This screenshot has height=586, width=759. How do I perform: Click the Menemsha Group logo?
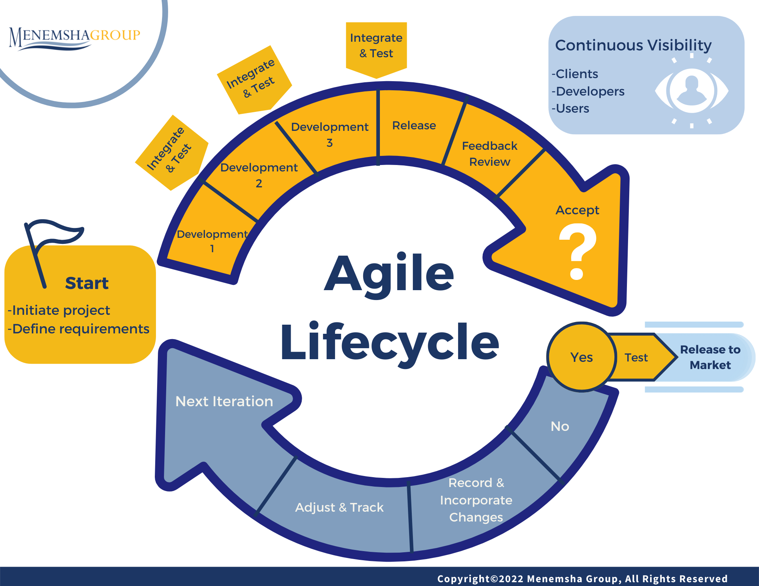(x=74, y=37)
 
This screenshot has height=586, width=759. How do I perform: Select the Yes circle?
(x=581, y=357)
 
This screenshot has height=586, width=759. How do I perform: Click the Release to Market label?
(x=710, y=357)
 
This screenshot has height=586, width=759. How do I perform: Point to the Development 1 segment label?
(x=212, y=241)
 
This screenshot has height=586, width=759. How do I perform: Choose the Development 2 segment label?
(x=259, y=175)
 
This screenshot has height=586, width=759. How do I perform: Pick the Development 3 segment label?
(x=329, y=134)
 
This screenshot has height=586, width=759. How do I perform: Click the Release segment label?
(x=414, y=126)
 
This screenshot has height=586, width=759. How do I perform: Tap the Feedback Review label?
(x=490, y=154)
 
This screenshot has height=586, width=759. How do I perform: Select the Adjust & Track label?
(x=339, y=507)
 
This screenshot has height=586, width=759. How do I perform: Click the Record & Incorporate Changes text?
(x=476, y=500)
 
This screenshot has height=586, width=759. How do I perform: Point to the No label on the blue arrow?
(x=560, y=426)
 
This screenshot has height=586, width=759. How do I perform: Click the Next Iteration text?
(x=224, y=401)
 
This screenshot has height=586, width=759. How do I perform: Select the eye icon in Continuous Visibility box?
(x=691, y=91)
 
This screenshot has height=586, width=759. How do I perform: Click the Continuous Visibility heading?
(x=633, y=45)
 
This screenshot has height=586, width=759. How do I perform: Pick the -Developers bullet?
(x=588, y=91)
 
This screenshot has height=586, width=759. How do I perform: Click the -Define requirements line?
(x=79, y=329)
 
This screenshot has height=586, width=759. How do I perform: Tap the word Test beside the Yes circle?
(x=636, y=357)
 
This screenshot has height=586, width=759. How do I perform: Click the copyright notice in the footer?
(x=582, y=578)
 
